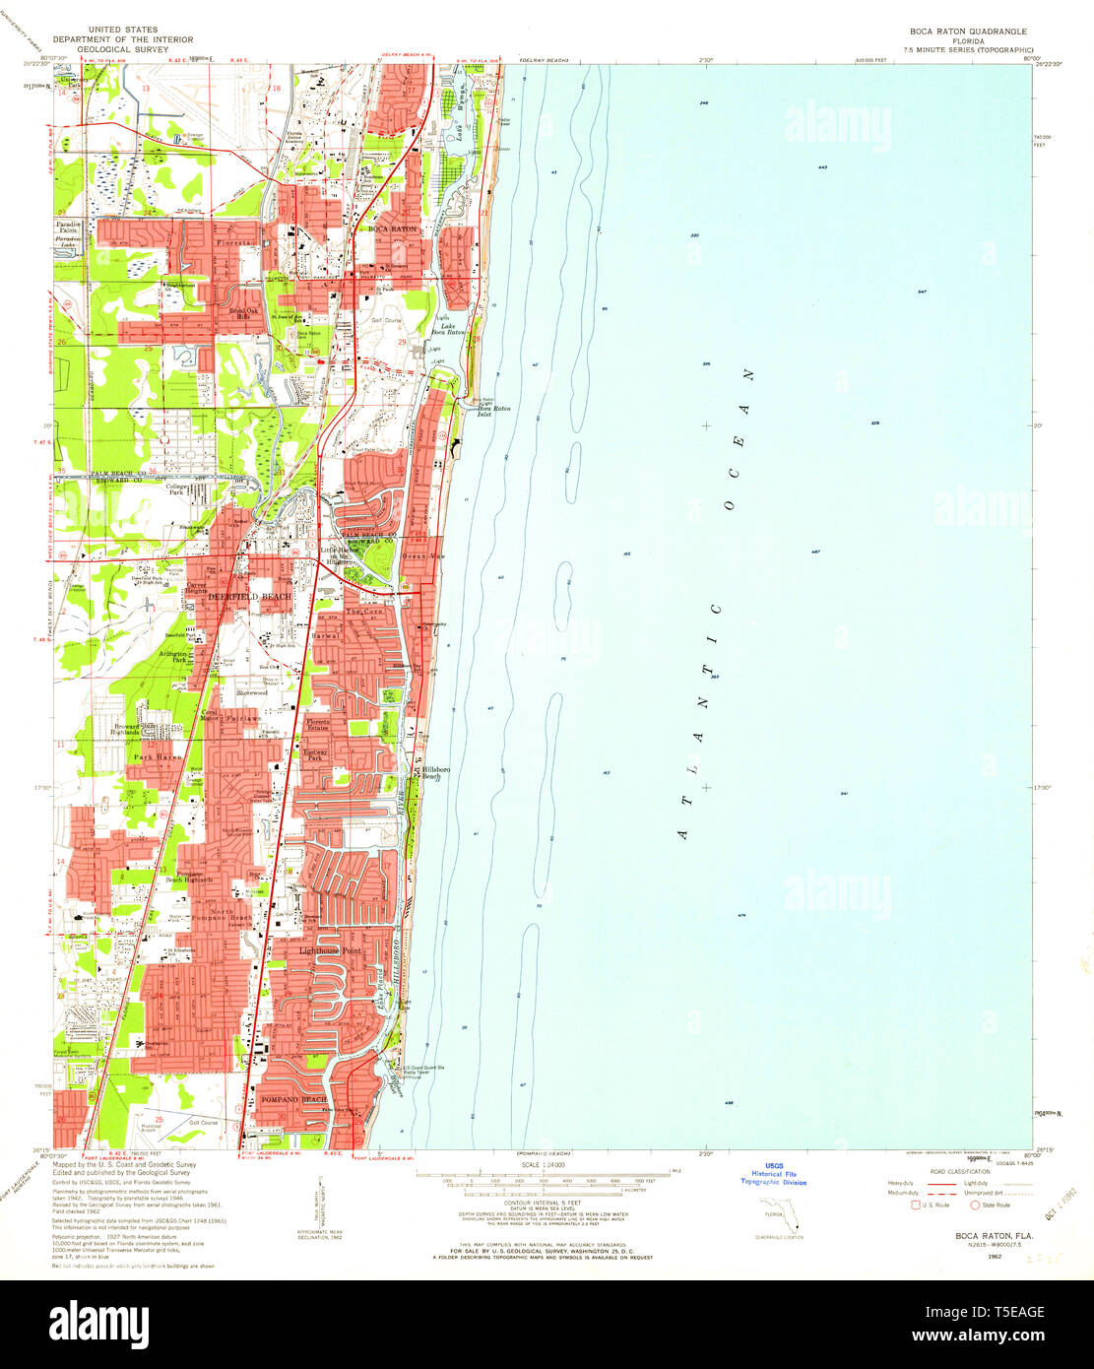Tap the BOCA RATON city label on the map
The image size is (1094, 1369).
pyautogui.click(x=392, y=229)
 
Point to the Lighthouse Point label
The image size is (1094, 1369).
pyautogui.click(x=330, y=951)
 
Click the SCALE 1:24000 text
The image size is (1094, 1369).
pyautogui.click(x=544, y=1164)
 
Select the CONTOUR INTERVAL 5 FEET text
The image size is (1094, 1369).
pyautogui.click(x=544, y=1204)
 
